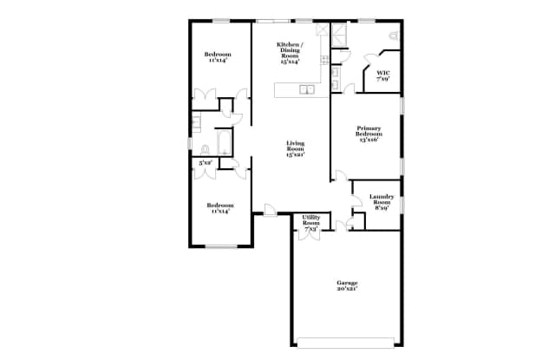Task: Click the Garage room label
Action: [x=347, y=285]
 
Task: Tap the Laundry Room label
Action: [x=382, y=202]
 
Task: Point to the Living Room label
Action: [x=295, y=149]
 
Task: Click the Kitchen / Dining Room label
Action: [x=289, y=53]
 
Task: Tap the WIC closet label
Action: [x=382, y=76]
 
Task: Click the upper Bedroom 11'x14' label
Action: [x=218, y=58]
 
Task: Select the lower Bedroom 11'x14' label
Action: [x=218, y=208]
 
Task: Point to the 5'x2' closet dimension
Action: [x=206, y=162]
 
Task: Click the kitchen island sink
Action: [x=305, y=88]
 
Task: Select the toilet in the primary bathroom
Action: [x=393, y=36]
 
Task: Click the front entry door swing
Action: [x=271, y=209]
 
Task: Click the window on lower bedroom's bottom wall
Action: [x=221, y=246]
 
